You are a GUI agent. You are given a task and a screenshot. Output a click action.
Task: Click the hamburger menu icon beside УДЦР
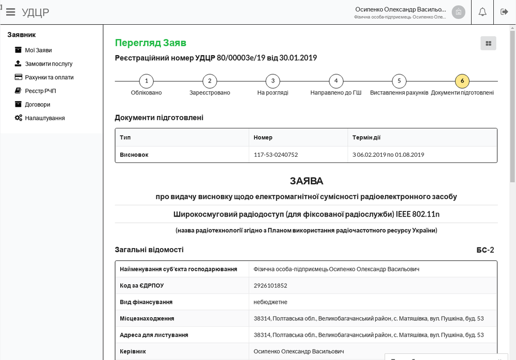pos(10,12)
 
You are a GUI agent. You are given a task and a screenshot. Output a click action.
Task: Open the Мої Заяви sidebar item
pos(38,50)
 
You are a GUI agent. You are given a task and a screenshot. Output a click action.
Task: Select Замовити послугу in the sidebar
pos(49,64)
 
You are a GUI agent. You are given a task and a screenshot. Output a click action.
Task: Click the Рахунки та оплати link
pos(49,77)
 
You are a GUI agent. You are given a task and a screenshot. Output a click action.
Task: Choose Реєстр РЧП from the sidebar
pos(40,91)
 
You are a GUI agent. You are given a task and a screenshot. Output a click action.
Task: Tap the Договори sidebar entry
pos(38,104)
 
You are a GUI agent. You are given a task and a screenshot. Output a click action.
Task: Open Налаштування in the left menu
pos(45,118)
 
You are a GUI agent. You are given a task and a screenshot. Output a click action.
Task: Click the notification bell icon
pos(482,12)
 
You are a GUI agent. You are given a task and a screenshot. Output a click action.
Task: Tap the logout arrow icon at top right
pos(505,12)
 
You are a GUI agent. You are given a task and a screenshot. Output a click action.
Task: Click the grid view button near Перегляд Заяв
pos(488,43)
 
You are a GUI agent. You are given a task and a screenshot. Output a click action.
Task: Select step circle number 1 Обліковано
pos(147,81)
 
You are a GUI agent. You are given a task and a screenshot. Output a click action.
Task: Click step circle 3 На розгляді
pos(272,81)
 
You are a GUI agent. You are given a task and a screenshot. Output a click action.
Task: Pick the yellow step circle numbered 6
pos(462,81)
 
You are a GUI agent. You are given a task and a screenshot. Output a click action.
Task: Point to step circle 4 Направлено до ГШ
pos(336,81)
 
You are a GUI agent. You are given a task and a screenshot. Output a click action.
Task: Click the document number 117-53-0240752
pos(276,155)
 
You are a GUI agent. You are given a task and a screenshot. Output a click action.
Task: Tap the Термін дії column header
pos(366,138)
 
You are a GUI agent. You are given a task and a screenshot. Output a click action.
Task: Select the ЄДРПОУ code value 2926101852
pos(270,286)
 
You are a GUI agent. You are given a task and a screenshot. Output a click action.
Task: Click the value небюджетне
pos(270,302)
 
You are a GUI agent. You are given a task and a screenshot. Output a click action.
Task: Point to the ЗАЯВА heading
pos(306,181)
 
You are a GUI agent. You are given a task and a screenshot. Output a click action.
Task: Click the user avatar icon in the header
pos(458,12)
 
